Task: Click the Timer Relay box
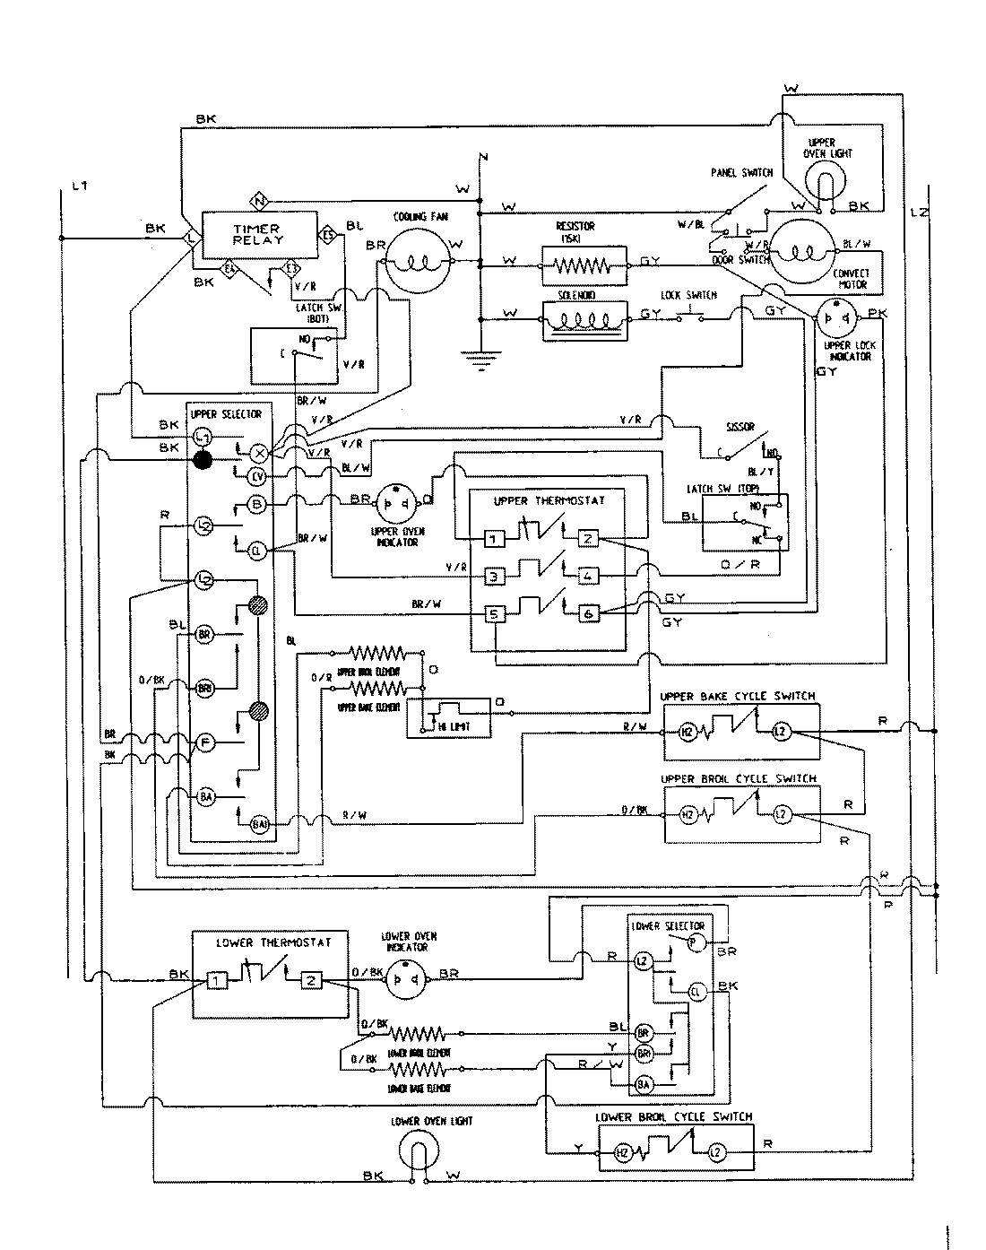(x=258, y=235)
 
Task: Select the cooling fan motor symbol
(x=418, y=260)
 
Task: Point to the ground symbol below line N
(x=480, y=361)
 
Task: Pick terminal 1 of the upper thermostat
(x=496, y=539)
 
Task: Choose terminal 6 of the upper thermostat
(x=587, y=613)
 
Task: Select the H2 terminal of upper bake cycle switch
(x=688, y=732)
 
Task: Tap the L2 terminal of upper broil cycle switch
(x=782, y=814)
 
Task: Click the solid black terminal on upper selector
(x=203, y=460)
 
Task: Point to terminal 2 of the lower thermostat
(x=311, y=980)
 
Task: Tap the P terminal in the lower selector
(x=692, y=942)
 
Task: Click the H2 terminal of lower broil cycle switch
(x=623, y=1153)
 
